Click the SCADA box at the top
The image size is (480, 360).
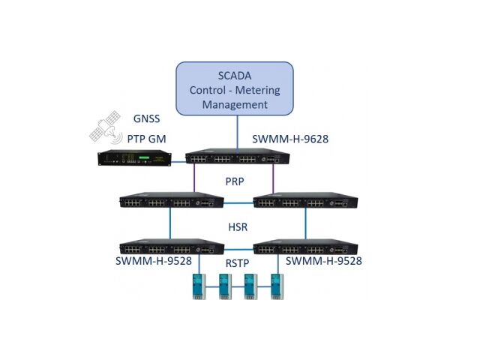(235, 89)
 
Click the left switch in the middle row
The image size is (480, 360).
(171, 201)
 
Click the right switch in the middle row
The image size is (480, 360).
(304, 201)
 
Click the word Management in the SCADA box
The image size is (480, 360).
(235, 105)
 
